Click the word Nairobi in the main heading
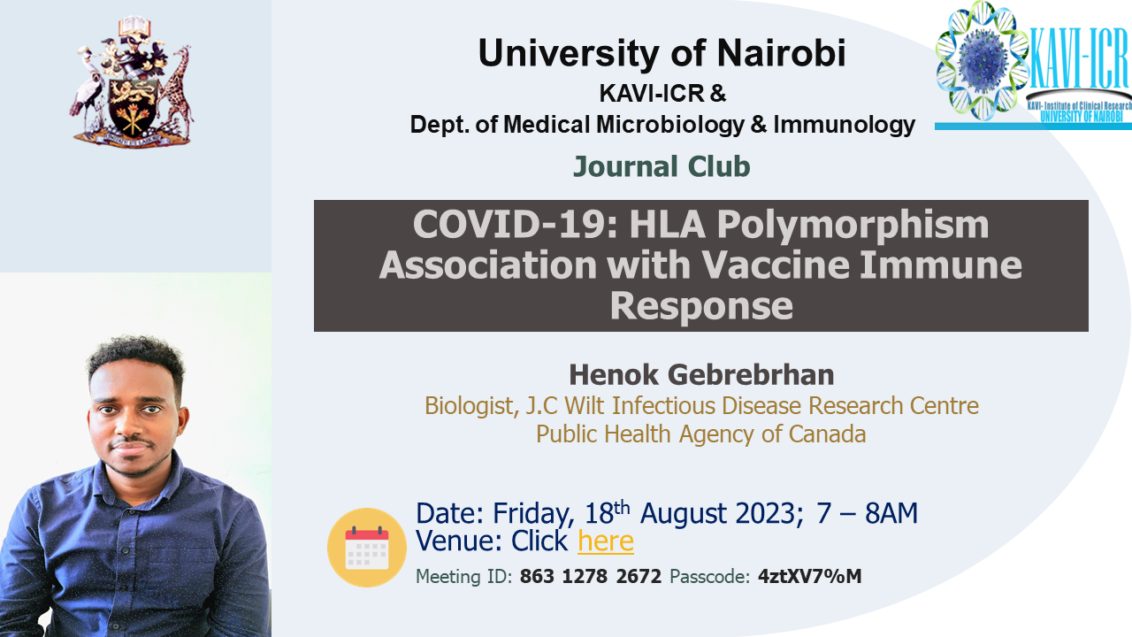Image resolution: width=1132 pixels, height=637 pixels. [781, 52]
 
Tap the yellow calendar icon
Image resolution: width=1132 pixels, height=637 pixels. [367, 548]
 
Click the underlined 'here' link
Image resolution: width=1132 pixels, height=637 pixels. [606, 541]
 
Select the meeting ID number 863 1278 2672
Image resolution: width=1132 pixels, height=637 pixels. [590, 576]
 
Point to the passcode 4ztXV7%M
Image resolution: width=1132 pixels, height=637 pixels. [809, 576]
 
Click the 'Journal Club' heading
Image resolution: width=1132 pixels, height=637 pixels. [662, 166]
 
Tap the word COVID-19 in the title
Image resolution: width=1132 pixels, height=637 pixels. [515, 224]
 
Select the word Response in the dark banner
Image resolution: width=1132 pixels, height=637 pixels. [701, 305]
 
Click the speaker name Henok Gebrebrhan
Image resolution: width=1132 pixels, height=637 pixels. [701, 374]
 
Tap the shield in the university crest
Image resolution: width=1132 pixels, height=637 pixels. [133, 105]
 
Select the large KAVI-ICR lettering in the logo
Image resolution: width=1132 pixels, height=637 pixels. [1078, 58]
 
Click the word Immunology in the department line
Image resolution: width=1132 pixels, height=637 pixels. [844, 125]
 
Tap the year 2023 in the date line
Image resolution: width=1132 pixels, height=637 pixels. [766, 513]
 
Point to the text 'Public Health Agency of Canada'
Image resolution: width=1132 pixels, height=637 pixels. [701, 434]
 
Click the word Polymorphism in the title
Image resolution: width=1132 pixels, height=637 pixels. [853, 225]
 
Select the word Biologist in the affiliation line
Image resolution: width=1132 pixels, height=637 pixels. [469, 406]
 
